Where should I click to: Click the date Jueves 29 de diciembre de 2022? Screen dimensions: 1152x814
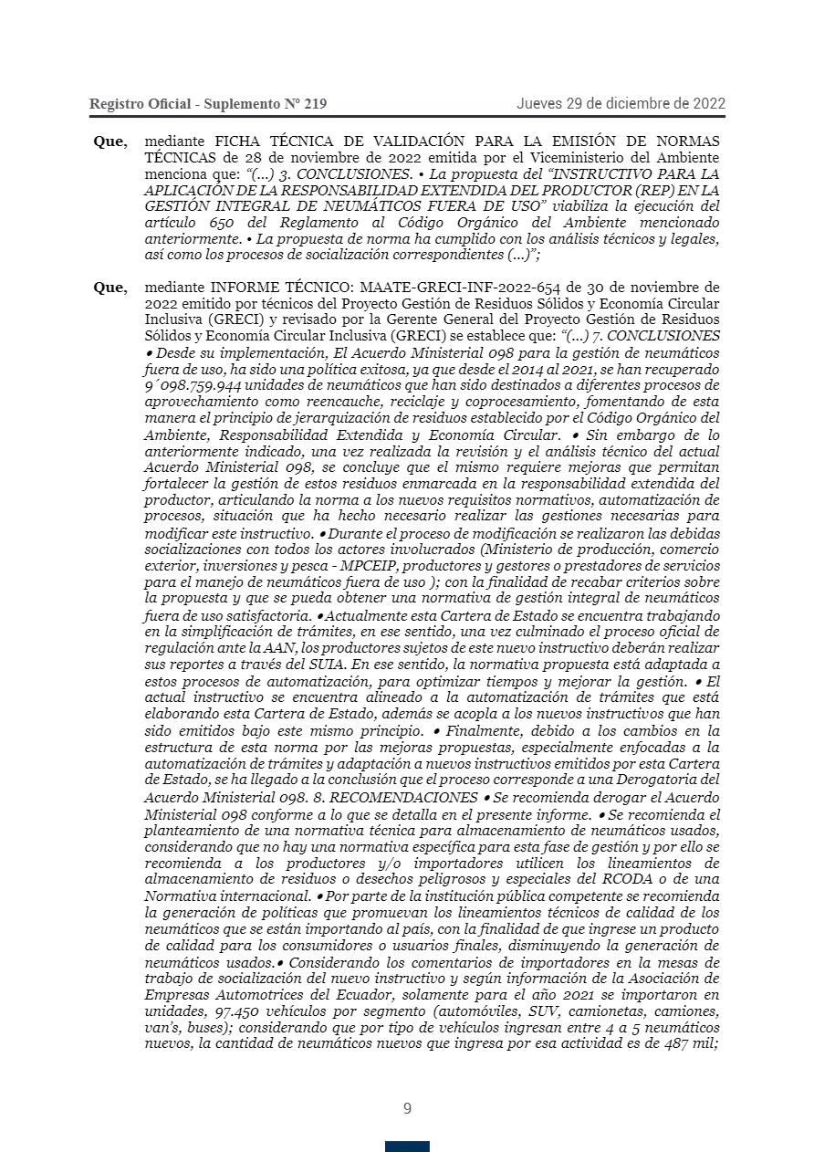tap(621, 103)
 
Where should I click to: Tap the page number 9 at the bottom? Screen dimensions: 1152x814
tap(407, 1109)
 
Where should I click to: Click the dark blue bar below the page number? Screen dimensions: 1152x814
tap(407, 1146)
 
